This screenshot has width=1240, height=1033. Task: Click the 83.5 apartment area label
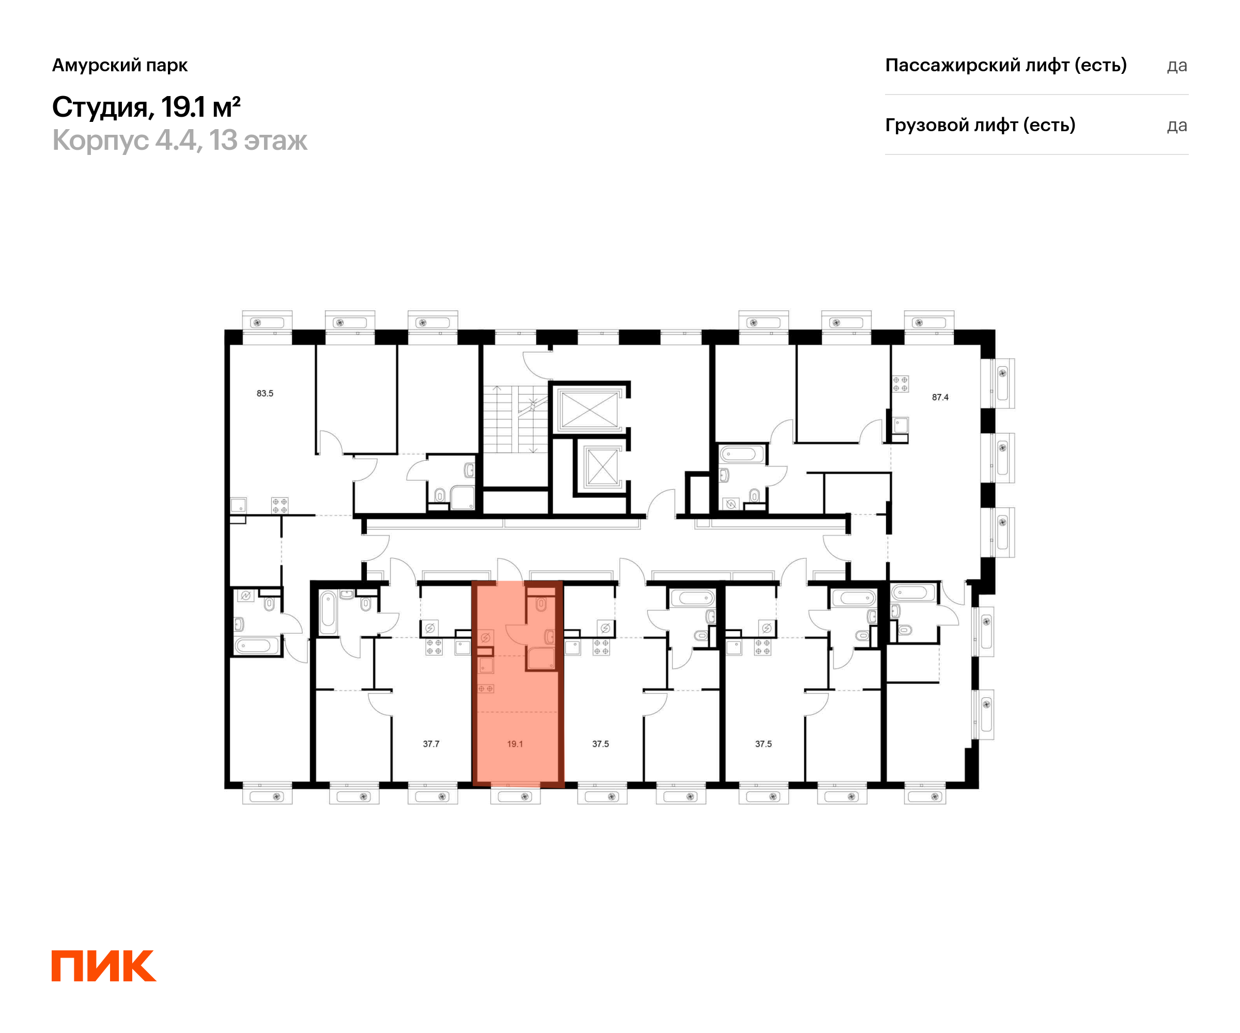coord(265,393)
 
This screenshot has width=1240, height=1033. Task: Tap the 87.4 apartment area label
coord(940,397)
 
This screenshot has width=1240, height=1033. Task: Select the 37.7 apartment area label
coord(431,744)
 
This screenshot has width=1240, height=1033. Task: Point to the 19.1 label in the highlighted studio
coord(515,744)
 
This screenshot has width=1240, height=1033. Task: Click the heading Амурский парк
coord(120,65)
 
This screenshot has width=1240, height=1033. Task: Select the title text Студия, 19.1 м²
coord(146,107)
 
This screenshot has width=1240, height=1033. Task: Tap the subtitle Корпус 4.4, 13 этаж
coord(179,140)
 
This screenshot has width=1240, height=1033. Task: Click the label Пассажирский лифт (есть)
coord(1005,65)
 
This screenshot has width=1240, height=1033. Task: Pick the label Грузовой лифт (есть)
coord(980,125)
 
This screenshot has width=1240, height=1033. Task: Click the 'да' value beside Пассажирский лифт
coord(1177,66)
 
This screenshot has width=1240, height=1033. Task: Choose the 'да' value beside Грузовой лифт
coord(1177,126)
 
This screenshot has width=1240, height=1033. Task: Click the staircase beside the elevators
coord(515,419)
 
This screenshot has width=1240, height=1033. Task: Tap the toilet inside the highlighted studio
coord(541,603)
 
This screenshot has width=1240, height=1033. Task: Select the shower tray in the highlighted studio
coord(540,658)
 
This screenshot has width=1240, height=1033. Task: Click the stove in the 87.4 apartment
coord(900,384)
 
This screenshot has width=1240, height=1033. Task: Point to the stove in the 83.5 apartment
coord(280,505)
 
